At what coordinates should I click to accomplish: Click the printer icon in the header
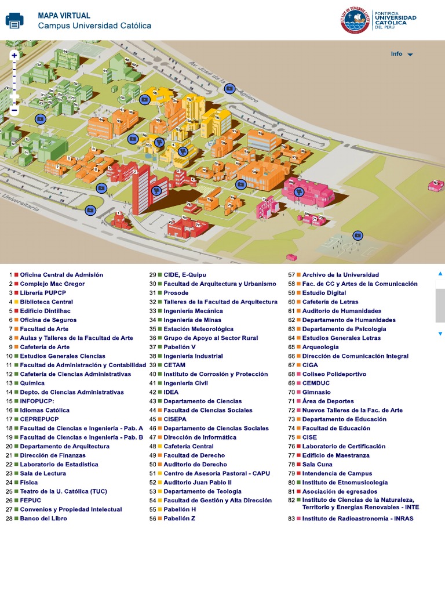(x=14, y=20)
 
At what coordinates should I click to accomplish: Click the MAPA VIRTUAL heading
(x=64, y=16)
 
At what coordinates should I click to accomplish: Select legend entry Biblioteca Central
(x=46, y=302)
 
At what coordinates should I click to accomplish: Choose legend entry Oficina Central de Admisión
(x=61, y=274)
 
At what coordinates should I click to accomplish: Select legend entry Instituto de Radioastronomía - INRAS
(x=358, y=519)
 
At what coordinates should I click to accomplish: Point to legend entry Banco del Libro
(x=43, y=519)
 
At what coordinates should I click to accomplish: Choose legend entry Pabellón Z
(x=180, y=519)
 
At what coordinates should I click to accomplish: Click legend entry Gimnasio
(x=316, y=392)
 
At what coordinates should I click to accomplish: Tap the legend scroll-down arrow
(x=440, y=334)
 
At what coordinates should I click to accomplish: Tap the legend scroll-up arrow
(x=440, y=273)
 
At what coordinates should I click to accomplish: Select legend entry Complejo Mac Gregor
(x=52, y=284)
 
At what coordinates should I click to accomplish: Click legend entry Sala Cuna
(x=318, y=465)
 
